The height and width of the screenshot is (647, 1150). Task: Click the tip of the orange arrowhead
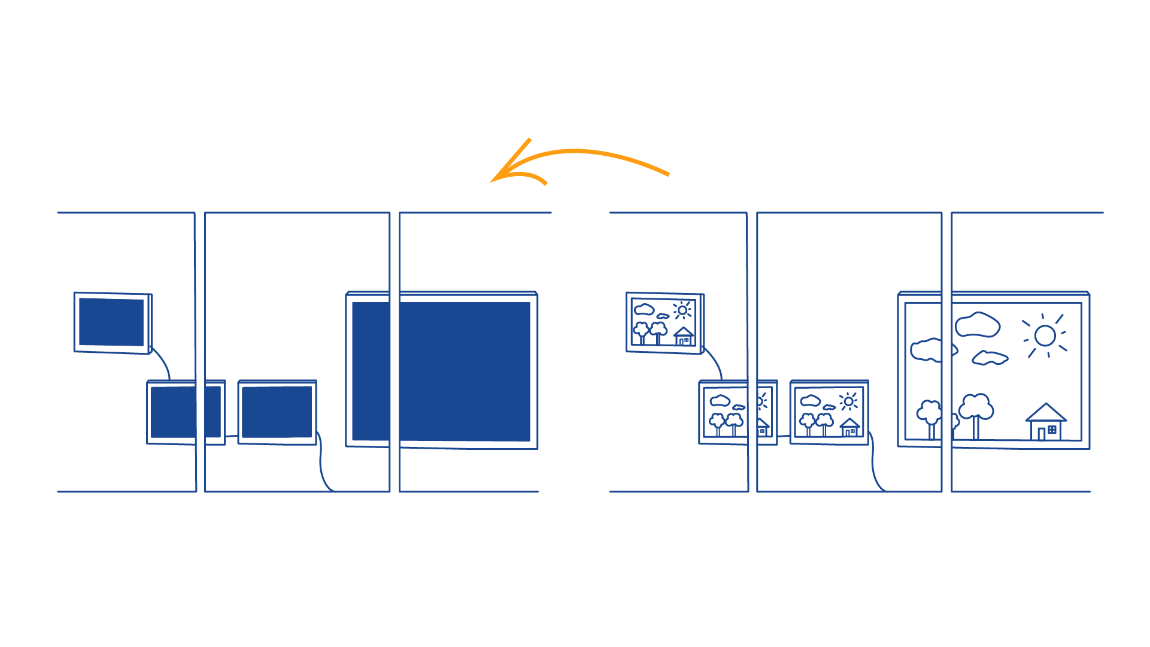(x=492, y=181)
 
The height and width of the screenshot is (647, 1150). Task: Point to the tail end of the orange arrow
(x=667, y=175)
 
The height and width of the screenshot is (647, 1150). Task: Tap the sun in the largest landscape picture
(x=1045, y=336)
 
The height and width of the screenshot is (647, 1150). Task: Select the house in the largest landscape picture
(x=1045, y=422)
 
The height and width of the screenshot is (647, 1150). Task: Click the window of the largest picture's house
(x=1052, y=430)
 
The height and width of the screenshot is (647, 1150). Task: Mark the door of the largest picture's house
(x=1041, y=433)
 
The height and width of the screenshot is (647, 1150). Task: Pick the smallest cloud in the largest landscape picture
(x=990, y=358)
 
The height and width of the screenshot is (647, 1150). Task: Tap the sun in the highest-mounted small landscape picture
(x=682, y=310)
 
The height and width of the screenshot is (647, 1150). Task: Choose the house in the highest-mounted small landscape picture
(x=684, y=337)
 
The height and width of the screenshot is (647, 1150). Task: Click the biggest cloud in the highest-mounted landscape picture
(x=644, y=309)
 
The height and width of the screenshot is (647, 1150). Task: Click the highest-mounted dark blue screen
(x=111, y=322)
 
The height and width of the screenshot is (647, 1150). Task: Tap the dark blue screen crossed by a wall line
(x=186, y=412)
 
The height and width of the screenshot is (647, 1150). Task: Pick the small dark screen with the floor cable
(x=277, y=412)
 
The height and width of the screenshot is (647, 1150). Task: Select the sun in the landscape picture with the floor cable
(x=848, y=401)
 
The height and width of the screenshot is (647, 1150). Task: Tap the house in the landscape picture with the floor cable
(x=849, y=427)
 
